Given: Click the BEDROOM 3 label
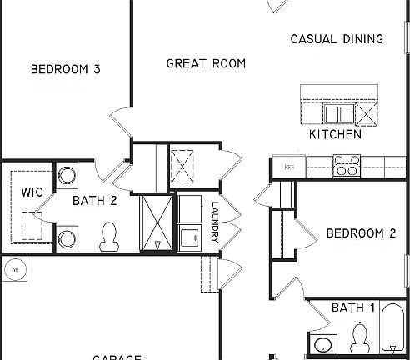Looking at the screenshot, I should click(x=65, y=69).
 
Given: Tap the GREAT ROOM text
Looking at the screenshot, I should click(x=206, y=63).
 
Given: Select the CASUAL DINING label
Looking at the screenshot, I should click(x=337, y=38).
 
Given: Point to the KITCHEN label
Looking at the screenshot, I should click(x=335, y=134).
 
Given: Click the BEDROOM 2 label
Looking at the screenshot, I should click(x=360, y=233).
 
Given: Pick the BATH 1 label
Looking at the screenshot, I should click(x=352, y=308).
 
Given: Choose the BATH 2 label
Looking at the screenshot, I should click(x=94, y=200).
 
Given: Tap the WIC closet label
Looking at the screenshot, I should click(x=32, y=192).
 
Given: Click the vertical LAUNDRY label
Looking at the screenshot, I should click(x=214, y=223).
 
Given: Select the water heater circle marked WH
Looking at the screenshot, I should click(x=14, y=269).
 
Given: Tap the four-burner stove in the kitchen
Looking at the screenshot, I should click(x=346, y=166).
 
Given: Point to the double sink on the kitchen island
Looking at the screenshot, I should click(x=338, y=113).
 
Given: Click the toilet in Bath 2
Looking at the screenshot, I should click(x=108, y=237).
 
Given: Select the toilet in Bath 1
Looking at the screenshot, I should click(x=360, y=337).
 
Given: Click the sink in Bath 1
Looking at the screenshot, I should click(x=322, y=346).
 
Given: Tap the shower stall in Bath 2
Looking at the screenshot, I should click(x=157, y=222).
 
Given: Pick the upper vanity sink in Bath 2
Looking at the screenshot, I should click(x=67, y=176).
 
